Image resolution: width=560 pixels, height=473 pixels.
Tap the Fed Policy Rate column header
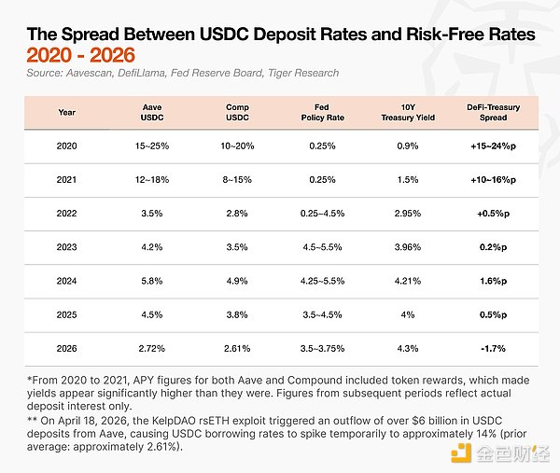point(325,112)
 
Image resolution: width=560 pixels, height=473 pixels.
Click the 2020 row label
point(66,146)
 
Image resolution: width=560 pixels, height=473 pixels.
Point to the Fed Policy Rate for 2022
point(325,215)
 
